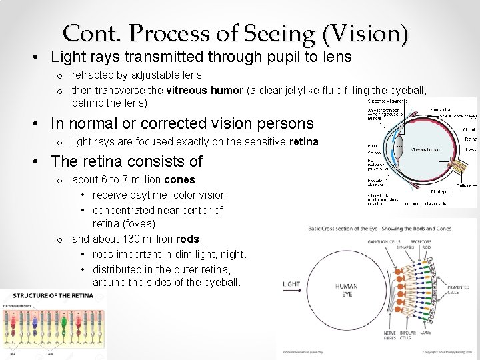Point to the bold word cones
point(179,179)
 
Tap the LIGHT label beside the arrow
point(291,283)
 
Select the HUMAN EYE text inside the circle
point(347,290)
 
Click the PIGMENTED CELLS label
point(458,290)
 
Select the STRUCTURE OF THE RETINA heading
point(52,295)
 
